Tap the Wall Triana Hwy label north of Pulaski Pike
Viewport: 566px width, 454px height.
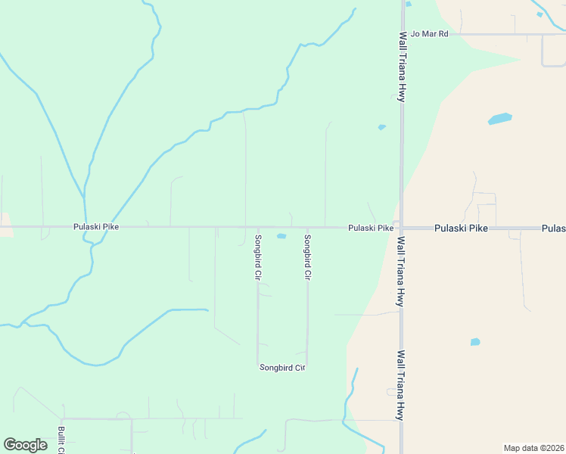pyautogui.click(x=403, y=67)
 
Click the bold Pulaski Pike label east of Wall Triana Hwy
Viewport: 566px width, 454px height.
pyautogui.click(x=461, y=228)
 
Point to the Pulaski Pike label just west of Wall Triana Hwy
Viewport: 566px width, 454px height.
pyautogui.click(x=371, y=228)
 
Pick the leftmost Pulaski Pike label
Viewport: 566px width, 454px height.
pyautogui.click(x=96, y=226)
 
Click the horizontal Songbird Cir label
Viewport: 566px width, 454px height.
pyautogui.click(x=282, y=368)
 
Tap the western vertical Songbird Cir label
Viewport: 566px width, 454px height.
pyautogui.click(x=258, y=258)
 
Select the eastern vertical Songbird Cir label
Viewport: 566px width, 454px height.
pyautogui.click(x=307, y=258)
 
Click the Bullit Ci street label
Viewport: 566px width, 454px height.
pyautogui.click(x=61, y=440)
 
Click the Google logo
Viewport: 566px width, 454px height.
pyautogui.click(x=25, y=445)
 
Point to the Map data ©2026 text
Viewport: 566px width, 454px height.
pyautogui.click(x=533, y=448)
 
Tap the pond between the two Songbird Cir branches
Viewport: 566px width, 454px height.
pyautogui.click(x=281, y=236)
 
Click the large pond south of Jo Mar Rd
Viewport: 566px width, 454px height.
pyautogui.click(x=500, y=119)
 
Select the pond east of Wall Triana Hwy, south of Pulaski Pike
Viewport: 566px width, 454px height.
pyautogui.click(x=475, y=342)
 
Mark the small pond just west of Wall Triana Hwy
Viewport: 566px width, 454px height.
pyautogui.click(x=382, y=127)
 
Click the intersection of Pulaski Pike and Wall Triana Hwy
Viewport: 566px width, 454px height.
pyautogui.click(x=401, y=227)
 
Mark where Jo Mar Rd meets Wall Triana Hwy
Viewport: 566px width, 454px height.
pyautogui.click(x=402, y=34)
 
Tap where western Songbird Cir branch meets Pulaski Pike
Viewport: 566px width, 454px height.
pyautogui.click(x=258, y=226)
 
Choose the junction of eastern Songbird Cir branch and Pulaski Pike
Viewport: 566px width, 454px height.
pyautogui.click(x=307, y=226)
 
